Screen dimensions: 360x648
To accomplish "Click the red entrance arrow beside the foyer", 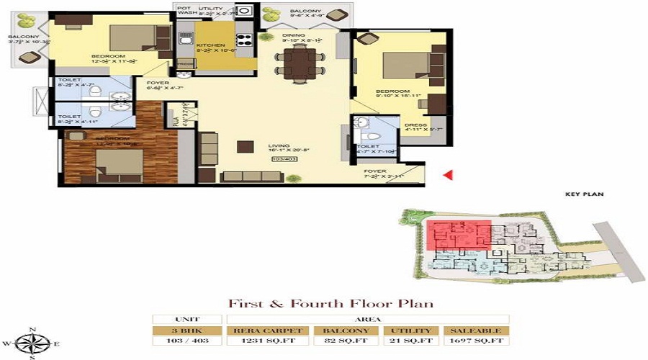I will click(x=447, y=174).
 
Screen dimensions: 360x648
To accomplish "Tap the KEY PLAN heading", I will click(x=584, y=194).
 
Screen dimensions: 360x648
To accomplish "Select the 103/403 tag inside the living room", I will click(x=282, y=158).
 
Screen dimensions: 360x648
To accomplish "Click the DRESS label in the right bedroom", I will click(x=415, y=125).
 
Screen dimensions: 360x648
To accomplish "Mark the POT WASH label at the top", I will click(x=186, y=9).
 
